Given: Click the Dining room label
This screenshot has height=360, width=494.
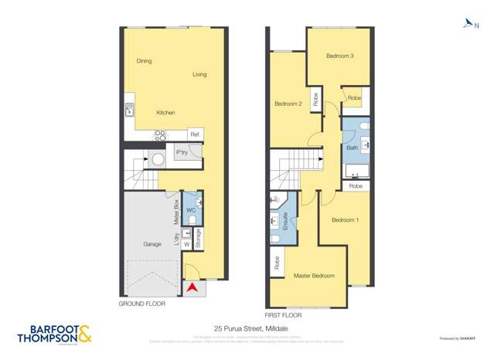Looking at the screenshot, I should [x=144, y=61].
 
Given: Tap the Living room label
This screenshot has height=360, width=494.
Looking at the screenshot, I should [x=199, y=75].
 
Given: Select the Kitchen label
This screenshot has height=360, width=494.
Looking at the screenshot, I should [x=165, y=113].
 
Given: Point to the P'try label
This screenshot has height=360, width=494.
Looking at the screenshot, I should [x=182, y=153].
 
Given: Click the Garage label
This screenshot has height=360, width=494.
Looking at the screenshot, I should [x=152, y=244].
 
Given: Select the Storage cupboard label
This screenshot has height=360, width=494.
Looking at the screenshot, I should [x=199, y=239].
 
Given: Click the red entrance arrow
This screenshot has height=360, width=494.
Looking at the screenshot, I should [x=192, y=288].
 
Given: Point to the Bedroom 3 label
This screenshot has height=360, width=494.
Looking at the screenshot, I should [x=339, y=56].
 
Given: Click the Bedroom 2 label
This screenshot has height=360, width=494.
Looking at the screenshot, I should [x=288, y=104].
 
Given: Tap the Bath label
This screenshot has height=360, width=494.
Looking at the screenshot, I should [x=352, y=147].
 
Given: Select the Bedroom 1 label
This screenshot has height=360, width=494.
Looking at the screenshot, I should [x=345, y=220].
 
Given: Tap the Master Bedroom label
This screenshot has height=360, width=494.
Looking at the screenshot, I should [x=314, y=276].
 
